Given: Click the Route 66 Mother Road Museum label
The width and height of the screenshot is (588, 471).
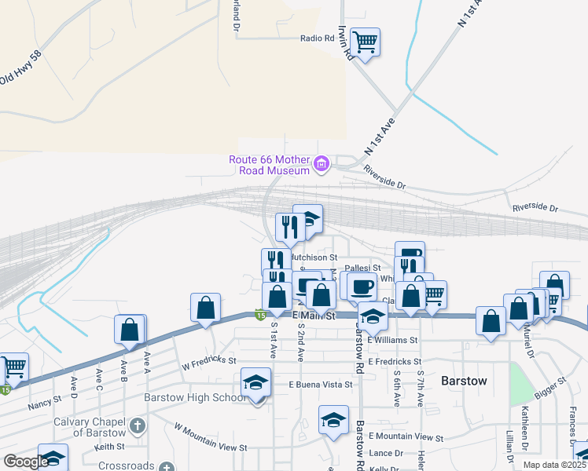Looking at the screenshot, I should point(270,165).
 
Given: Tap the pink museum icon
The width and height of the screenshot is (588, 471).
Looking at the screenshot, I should point(321,164).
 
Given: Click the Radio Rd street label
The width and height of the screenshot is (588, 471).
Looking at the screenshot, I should point(318,38).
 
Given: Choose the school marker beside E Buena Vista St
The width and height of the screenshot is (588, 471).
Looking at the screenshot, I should point(255,382).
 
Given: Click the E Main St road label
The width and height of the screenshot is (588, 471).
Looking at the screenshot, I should point(314,316).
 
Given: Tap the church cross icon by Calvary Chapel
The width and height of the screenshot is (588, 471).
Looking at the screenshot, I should point(138,426).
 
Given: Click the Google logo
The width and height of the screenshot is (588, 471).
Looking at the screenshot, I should point(26,462).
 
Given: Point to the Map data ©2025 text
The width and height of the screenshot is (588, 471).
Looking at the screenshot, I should point(554,465).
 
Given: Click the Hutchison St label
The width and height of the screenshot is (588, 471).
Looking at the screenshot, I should point(314,257).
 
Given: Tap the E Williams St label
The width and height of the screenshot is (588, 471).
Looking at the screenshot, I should point(391,340).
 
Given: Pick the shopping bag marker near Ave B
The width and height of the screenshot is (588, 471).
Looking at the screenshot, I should point(130,330).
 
